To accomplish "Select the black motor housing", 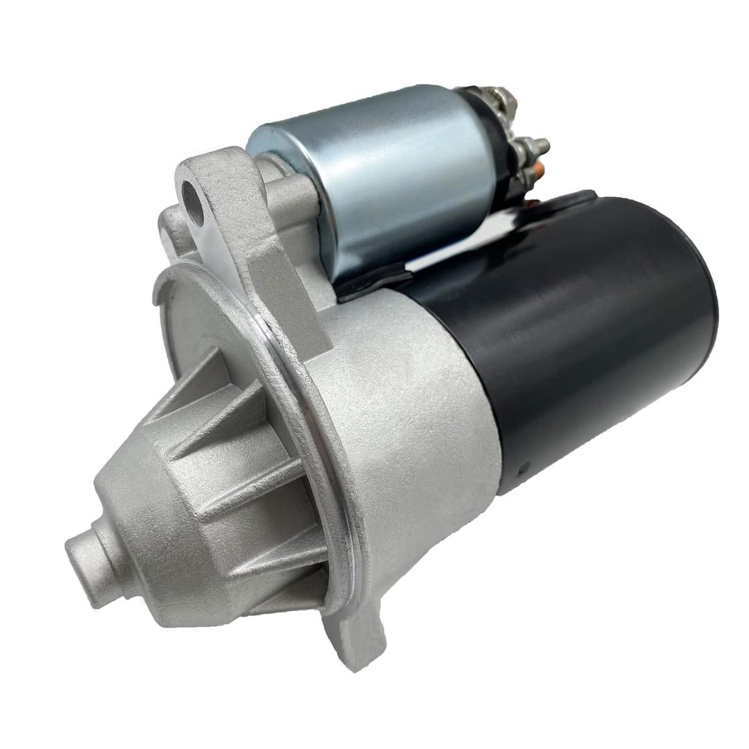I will [589, 333].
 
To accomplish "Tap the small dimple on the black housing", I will [525, 466].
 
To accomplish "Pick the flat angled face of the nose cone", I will [160, 499].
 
